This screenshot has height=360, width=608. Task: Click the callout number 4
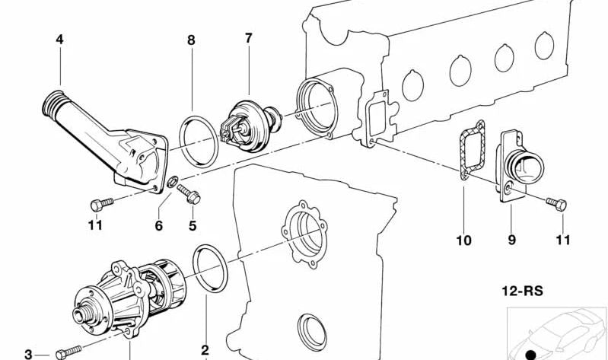coord(59,39)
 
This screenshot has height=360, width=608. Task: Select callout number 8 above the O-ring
coord(191,40)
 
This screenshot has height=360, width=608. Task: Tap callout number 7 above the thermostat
coord(249,38)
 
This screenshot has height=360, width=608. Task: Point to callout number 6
coord(158,225)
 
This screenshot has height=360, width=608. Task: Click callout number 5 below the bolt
coord(193,225)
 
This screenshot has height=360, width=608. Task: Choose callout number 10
coord(463,241)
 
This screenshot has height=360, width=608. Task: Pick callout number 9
coord(512,241)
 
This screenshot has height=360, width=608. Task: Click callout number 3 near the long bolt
coord(28,354)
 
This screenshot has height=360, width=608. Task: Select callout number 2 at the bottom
coord(205,350)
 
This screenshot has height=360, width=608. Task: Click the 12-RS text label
coord(522,291)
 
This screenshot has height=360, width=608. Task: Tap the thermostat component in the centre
coord(250,126)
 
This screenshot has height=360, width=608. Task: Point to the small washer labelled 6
coord(173,181)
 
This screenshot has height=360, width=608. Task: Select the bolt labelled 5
coord(189,194)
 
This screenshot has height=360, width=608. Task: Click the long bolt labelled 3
coord(68,352)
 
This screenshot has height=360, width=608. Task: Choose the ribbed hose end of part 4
coord(53,104)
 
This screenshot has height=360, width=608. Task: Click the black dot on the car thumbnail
coord(531,354)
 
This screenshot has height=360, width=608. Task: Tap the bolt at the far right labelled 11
coord(557,204)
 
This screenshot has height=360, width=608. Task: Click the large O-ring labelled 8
coord(199,142)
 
